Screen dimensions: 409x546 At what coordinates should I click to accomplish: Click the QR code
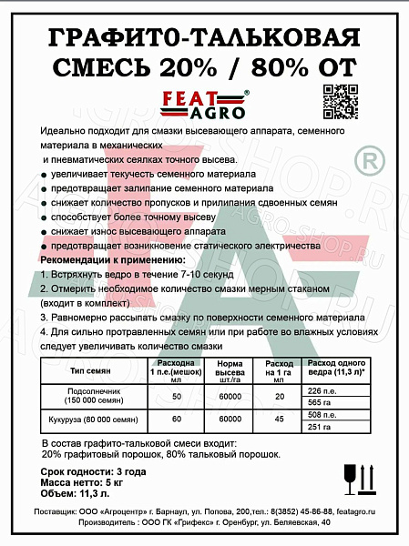[338, 96]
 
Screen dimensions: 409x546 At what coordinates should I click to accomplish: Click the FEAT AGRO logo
[202, 105]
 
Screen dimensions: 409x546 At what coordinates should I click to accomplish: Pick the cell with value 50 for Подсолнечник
[177, 396]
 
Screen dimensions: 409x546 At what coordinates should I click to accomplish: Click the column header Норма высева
[229, 372]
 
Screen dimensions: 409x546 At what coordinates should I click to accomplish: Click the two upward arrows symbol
[371, 474]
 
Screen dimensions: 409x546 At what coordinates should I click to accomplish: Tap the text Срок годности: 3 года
[93, 470]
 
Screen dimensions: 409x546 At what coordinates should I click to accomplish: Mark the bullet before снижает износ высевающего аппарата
[45, 232]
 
